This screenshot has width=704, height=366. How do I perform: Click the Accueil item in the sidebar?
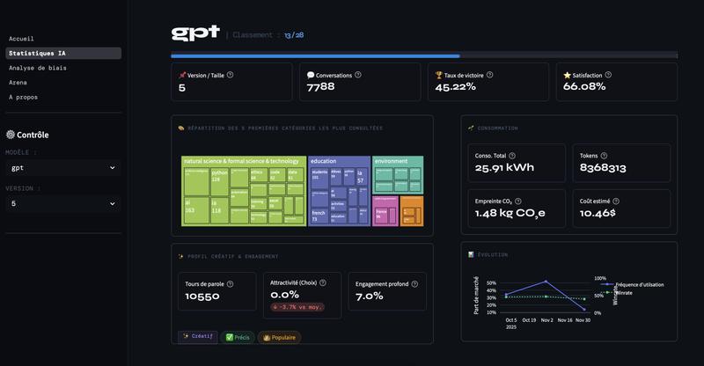click(21, 39)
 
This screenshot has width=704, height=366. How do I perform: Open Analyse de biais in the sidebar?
click(37, 68)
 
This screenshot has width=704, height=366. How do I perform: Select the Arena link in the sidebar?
click(18, 82)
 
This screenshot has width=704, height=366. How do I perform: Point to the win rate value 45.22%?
click(455, 87)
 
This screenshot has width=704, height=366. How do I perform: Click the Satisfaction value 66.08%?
click(583, 87)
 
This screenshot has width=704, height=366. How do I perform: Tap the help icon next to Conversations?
click(358, 75)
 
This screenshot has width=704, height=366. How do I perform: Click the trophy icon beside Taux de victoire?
click(439, 76)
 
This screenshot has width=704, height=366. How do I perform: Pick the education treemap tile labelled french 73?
click(319, 216)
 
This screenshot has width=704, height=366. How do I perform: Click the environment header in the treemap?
click(391, 162)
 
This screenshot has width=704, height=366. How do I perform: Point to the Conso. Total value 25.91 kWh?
click(504, 167)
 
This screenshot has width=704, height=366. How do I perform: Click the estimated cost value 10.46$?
click(598, 214)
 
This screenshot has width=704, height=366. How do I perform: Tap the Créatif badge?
click(198, 337)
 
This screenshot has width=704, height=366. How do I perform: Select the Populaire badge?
click(279, 337)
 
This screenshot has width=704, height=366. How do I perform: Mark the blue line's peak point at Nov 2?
click(546, 282)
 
